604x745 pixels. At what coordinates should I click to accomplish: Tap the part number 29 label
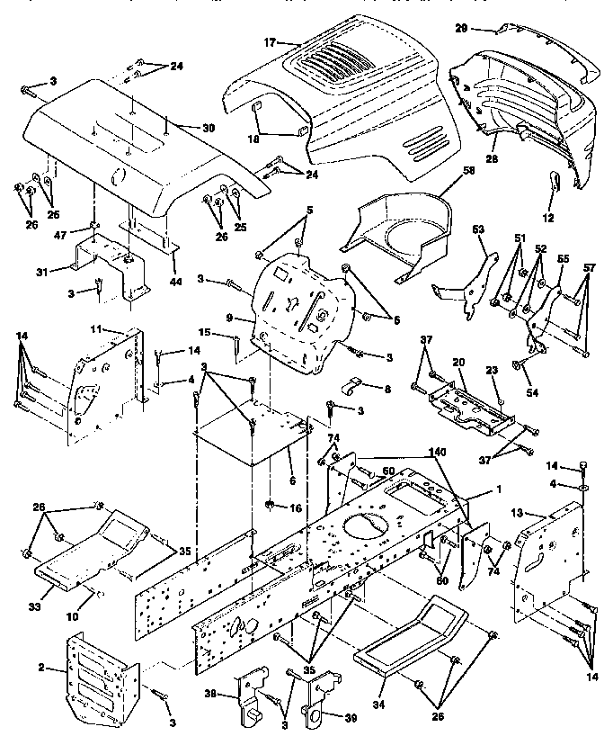460,29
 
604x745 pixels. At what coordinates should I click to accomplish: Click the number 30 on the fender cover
209,128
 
